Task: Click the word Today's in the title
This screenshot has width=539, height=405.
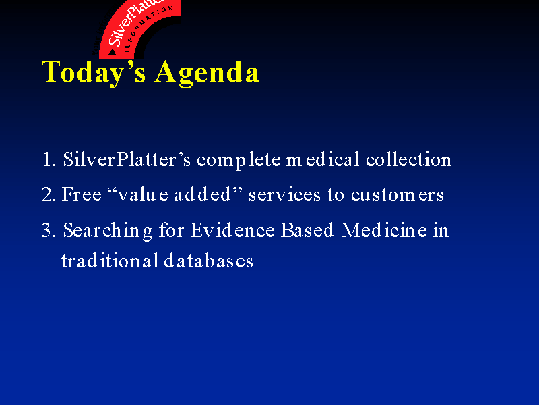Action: click(x=93, y=73)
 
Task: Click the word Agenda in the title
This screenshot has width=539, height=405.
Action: click(x=207, y=73)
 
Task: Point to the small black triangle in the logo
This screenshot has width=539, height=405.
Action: click(x=112, y=52)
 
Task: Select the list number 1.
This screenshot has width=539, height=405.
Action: click(x=49, y=160)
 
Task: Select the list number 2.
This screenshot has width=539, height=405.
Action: click(x=48, y=194)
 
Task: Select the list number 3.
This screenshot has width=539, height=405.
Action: click(x=48, y=230)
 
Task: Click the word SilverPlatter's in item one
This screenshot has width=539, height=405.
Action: click(x=127, y=159)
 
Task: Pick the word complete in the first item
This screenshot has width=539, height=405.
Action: click(x=239, y=161)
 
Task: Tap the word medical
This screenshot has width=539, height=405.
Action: click(x=323, y=159)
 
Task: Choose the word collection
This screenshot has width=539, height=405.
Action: click(x=408, y=159)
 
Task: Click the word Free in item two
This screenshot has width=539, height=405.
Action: click(x=82, y=194)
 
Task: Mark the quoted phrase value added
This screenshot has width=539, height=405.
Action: click(x=175, y=194)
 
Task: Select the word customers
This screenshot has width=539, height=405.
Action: click(x=398, y=195)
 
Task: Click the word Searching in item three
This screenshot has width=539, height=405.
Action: click(x=108, y=231)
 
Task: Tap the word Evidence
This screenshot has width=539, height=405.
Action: click(x=232, y=230)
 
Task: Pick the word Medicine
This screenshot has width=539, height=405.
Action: click(x=384, y=230)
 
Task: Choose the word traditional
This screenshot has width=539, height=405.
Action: click(x=110, y=261)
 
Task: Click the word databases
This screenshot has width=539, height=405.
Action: click(x=209, y=261)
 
